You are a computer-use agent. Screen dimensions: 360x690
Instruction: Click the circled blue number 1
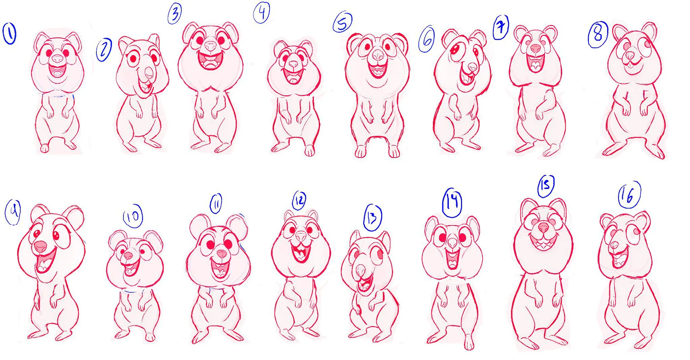pos(10,33)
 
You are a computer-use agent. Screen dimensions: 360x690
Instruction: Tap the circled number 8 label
pos(598,34)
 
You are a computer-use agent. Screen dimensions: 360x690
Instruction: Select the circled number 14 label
pos(452,202)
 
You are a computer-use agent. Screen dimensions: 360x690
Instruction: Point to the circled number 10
pos(133,216)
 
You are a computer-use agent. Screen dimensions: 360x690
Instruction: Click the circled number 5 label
pos(342,22)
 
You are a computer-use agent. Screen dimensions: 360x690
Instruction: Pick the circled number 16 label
pos(629,195)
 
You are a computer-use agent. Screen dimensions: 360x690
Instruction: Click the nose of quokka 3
pos(211,46)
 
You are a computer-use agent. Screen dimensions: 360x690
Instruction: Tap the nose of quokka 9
pos(40,246)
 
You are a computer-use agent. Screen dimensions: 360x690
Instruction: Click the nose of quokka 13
pos(360,269)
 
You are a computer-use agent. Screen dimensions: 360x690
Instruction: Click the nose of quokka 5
pos(378,55)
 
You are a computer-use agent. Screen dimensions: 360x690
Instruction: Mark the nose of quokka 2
pos(149,72)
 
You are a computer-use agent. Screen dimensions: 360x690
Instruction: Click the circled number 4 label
pos(262,13)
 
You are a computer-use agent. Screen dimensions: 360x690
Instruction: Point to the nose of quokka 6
pos(472,67)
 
